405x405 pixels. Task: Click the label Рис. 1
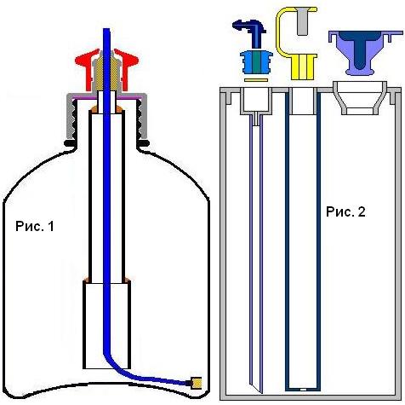[35, 227]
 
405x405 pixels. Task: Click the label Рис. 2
[345, 211]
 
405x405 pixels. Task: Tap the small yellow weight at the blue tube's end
[197, 383]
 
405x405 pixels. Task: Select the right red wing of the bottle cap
[127, 66]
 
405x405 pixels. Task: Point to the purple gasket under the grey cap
[106, 97]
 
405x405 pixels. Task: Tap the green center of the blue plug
[256, 61]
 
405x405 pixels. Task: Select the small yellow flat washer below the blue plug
[256, 80]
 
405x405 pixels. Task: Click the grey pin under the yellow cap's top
[301, 21]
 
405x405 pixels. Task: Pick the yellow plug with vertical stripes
[303, 67]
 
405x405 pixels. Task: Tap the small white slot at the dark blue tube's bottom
[303, 389]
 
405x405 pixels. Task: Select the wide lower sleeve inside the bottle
[107, 325]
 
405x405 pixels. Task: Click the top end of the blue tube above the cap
[106, 29]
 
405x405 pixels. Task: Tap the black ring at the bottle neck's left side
[70, 143]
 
